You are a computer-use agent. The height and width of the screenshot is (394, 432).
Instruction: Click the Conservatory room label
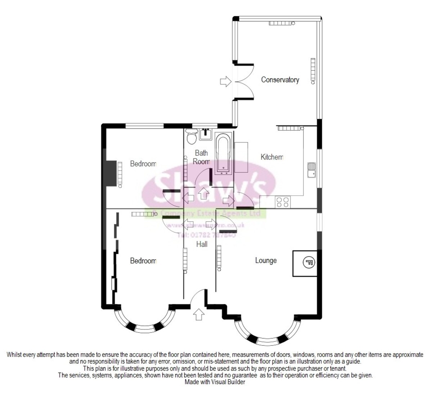(x=280, y=80)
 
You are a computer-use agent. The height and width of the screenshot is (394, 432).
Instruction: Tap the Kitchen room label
(x=272, y=157)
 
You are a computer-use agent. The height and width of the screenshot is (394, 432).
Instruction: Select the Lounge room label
(x=266, y=260)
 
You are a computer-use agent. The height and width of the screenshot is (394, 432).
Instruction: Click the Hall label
(x=202, y=245)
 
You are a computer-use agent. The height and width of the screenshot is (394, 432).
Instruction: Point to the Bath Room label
(x=201, y=157)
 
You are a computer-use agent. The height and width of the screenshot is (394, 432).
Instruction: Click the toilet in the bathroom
(x=191, y=136)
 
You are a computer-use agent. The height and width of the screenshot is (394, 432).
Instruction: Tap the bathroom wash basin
(x=206, y=133)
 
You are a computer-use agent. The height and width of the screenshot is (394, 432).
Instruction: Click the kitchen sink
(x=311, y=170)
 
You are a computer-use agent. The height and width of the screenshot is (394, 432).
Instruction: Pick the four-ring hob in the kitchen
(x=283, y=202)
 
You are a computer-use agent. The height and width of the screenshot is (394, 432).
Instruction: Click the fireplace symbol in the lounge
(x=309, y=263)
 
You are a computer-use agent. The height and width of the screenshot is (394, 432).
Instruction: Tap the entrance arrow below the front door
(x=198, y=314)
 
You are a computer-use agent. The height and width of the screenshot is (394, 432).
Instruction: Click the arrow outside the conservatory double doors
(x=225, y=81)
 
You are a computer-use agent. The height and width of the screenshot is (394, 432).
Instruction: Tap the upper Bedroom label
(x=143, y=164)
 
